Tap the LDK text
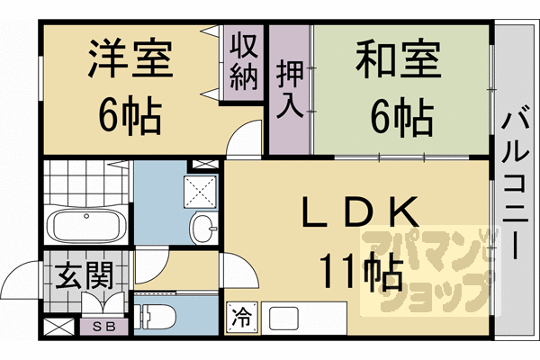[x=359, y=212]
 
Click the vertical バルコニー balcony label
[x=516, y=180]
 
